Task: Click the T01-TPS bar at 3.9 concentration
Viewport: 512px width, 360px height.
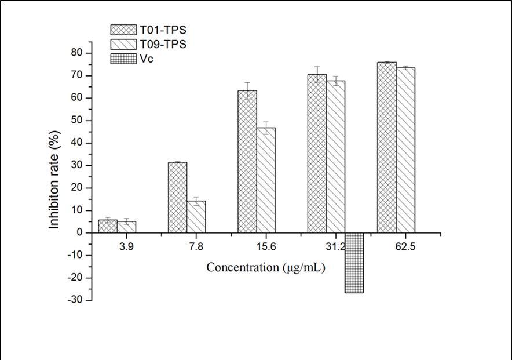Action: click(108, 226)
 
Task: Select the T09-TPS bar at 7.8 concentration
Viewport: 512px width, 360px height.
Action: click(196, 217)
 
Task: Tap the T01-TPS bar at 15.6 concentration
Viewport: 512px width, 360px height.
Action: click(247, 162)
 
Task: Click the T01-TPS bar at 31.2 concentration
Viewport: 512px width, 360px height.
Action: click(317, 154)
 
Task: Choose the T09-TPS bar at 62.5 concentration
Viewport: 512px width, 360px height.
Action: click(405, 150)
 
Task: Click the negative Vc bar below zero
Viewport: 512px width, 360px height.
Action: click(354, 263)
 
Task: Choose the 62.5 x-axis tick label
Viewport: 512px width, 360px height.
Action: click(396, 246)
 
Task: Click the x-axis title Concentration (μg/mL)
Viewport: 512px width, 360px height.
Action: click(266, 268)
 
